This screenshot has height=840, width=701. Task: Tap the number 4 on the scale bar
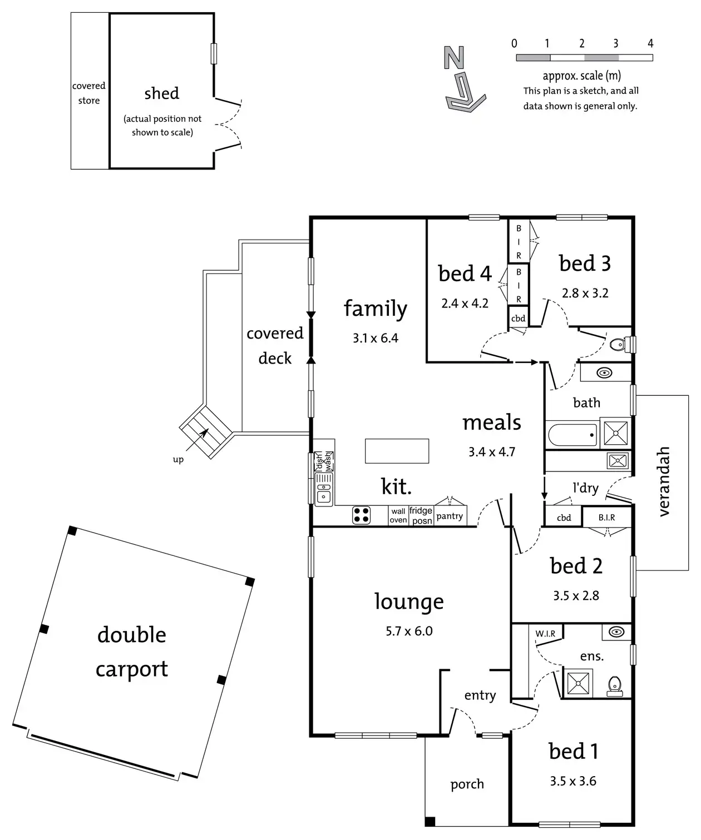(650, 43)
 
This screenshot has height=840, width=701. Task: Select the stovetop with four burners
(362, 515)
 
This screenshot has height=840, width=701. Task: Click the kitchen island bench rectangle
(397, 451)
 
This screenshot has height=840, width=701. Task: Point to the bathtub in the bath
(572, 435)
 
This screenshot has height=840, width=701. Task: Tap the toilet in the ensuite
(614, 685)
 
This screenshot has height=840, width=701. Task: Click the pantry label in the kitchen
(450, 516)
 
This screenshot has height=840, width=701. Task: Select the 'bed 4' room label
(465, 274)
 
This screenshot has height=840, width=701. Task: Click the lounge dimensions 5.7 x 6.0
(409, 631)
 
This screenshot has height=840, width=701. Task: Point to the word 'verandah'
(663, 481)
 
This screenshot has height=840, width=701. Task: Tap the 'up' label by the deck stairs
(178, 459)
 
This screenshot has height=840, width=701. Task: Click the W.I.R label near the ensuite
(545, 633)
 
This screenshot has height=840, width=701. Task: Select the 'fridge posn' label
(421, 515)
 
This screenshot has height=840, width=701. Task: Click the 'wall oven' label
(398, 515)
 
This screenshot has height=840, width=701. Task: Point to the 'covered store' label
(89, 93)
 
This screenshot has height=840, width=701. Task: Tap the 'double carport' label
(132, 652)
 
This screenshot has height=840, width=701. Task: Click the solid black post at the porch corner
(430, 821)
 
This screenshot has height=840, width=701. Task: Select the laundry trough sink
(618, 460)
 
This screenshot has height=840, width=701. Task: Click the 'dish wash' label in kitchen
(324, 460)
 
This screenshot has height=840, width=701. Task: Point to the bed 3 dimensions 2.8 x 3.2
(585, 293)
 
